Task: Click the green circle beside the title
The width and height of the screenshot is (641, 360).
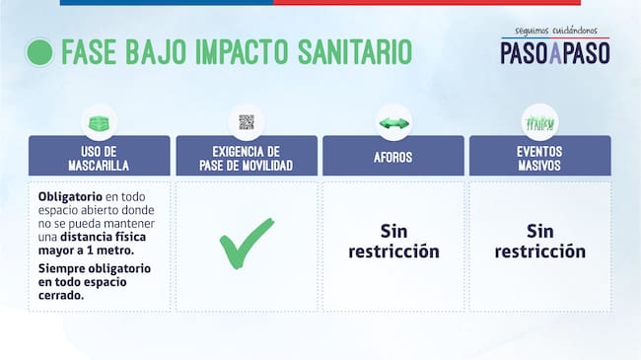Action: pos(39,52)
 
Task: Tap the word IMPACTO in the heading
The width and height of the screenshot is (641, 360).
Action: pos(228,52)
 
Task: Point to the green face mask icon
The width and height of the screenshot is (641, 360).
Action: pos(99,122)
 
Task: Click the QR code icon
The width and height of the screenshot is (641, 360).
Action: pos(247,122)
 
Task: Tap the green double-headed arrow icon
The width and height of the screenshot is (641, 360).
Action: pos(392,122)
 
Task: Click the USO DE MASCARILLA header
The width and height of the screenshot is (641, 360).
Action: pos(99,158)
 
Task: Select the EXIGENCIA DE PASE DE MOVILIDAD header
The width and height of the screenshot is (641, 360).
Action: pos(247,158)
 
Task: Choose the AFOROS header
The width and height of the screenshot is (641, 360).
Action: pos(392,158)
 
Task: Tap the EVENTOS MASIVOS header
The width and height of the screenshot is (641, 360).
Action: pos(539,158)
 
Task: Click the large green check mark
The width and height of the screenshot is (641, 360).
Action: pos(247,243)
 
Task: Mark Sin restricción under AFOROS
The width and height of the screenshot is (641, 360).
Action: pos(392,242)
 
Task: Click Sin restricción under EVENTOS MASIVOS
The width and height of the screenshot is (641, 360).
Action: pos(539,242)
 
